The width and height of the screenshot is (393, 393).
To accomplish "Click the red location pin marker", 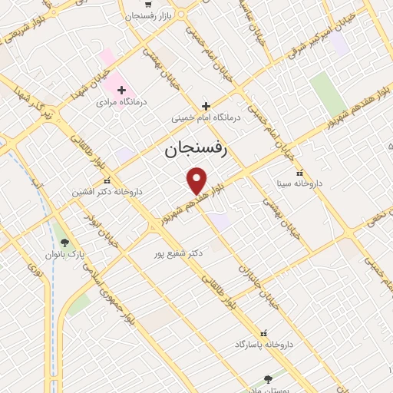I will (197, 180).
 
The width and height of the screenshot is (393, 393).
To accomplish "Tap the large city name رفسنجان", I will (196, 150).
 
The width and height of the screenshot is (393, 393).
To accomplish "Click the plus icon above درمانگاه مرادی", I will (121, 90).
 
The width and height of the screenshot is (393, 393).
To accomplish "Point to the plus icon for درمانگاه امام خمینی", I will (205, 106).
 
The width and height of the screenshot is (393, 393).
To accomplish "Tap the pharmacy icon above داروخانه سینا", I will (299, 173).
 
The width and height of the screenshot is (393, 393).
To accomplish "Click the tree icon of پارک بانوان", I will (64, 243).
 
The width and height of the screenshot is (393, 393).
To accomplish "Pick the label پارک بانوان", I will (63, 254).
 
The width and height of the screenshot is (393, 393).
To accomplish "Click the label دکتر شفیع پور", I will (177, 253).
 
